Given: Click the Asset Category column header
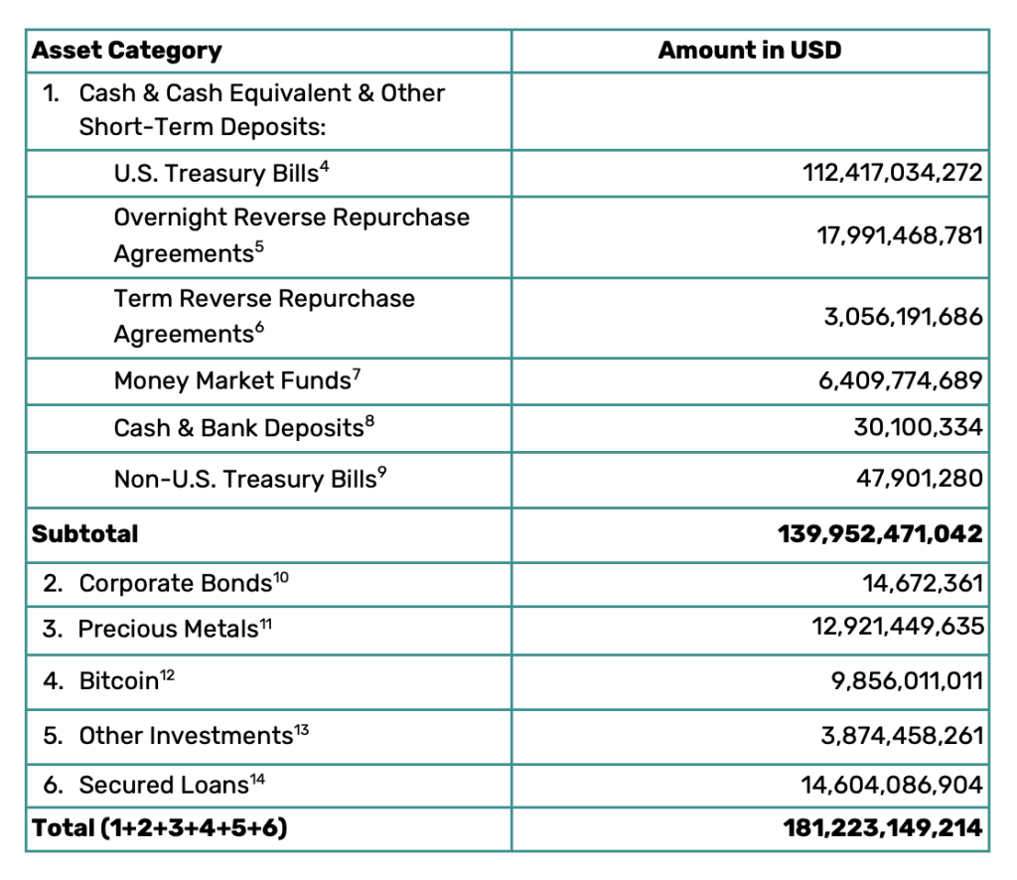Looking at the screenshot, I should click(127, 51).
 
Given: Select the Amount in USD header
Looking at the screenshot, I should click(749, 51).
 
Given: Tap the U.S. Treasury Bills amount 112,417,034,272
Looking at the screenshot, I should click(892, 174).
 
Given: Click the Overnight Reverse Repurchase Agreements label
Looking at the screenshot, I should click(291, 235).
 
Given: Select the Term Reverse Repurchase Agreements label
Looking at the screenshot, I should click(264, 316).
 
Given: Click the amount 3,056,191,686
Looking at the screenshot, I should click(903, 317).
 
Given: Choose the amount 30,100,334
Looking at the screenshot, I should click(919, 428).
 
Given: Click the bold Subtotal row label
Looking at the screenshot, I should click(85, 533).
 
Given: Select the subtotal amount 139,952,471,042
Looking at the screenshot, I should click(880, 533).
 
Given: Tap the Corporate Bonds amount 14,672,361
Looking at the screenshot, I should click(923, 583).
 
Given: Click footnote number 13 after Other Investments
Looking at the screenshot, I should click(302, 730).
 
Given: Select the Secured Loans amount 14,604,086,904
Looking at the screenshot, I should click(892, 786).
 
